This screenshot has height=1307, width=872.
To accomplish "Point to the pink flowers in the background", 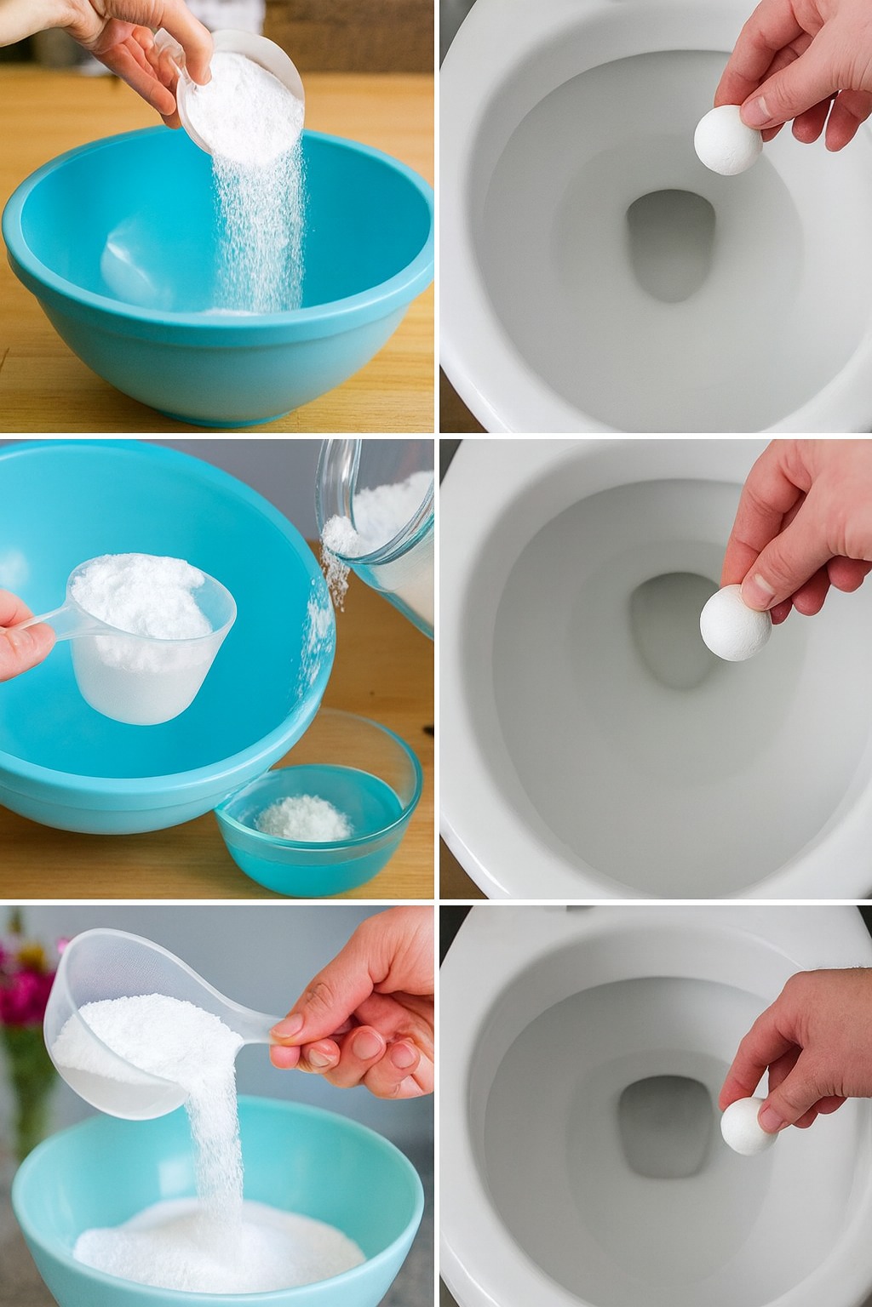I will coord(26,979).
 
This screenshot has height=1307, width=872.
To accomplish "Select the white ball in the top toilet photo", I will coord(727,140).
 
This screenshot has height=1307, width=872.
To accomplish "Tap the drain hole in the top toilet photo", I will coord(669,243).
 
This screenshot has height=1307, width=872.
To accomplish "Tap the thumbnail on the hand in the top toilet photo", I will coord(756,109).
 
